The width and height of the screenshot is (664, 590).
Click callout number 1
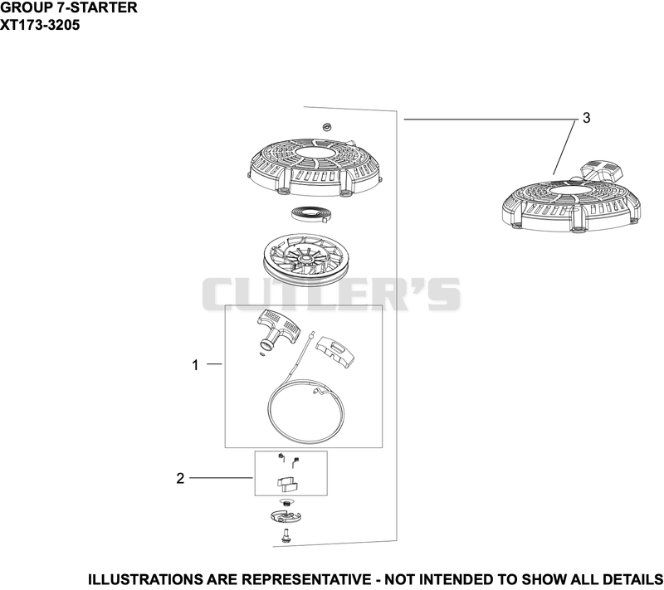195,365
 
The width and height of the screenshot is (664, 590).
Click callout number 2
180,478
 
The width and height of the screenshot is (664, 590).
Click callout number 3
587,118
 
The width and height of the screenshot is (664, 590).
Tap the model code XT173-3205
40,25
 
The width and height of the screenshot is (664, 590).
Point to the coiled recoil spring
313,213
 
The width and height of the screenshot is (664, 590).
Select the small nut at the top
326,127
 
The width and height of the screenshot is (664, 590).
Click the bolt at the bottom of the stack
284,535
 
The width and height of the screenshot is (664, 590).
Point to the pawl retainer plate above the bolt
286,516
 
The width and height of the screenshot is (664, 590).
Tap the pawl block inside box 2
287,484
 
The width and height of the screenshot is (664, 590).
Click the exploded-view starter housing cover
316,168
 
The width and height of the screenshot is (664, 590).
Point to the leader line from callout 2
221,478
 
